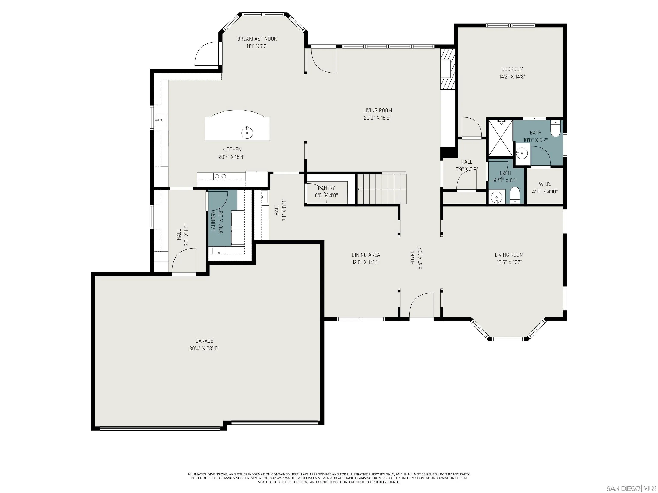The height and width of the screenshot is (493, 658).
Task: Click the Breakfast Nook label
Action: point(257,39)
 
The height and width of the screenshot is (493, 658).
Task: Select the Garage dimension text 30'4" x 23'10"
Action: point(204,348)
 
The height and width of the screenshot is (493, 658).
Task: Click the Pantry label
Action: point(326,188)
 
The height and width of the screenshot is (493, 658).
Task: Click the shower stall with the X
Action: point(499,138)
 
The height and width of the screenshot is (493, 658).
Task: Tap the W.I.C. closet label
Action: point(545,184)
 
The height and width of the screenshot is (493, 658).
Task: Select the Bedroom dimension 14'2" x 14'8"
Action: point(512,76)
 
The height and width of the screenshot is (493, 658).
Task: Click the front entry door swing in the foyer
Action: point(421,306)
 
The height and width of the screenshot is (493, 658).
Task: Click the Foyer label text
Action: point(413,257)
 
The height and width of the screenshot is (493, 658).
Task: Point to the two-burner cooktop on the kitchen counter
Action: point(220,176)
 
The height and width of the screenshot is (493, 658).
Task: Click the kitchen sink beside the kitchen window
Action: point(161,120)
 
